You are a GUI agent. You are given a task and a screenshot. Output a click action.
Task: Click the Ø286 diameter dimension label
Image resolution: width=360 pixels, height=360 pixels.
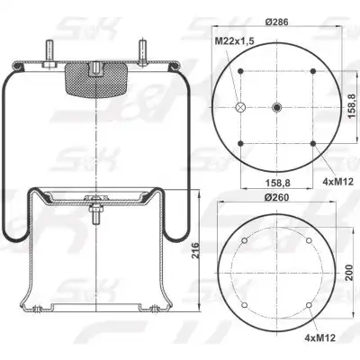276,22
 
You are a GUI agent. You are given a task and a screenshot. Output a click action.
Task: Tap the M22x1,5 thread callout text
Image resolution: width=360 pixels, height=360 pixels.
235,40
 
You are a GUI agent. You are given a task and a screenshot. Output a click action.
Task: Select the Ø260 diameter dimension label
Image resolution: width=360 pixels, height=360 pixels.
276,197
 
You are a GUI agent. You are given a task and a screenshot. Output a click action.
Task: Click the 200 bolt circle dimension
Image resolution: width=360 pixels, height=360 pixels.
348,273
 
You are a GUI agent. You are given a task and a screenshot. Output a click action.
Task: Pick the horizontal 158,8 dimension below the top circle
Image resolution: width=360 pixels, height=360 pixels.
276,182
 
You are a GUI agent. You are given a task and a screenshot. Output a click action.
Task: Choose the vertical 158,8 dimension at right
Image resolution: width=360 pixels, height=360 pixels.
353,107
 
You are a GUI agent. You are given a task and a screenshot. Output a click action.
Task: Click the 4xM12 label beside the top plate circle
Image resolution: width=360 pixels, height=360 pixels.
337,182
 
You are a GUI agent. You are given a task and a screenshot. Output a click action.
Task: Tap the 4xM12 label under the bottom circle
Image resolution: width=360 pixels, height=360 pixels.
319,338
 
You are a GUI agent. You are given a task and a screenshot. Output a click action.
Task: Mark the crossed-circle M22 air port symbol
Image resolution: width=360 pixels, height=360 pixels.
240,107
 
